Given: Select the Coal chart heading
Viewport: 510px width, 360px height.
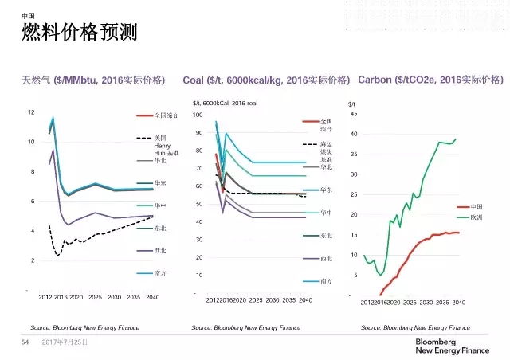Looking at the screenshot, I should [266, 80].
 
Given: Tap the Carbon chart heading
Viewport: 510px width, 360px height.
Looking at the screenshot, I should [431, 80].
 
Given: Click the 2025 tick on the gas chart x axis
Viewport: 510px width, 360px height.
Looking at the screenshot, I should [95, 298].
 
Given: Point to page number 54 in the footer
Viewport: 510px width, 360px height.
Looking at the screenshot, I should [24, 342].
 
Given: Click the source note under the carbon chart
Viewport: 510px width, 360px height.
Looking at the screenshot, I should [415, 327].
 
